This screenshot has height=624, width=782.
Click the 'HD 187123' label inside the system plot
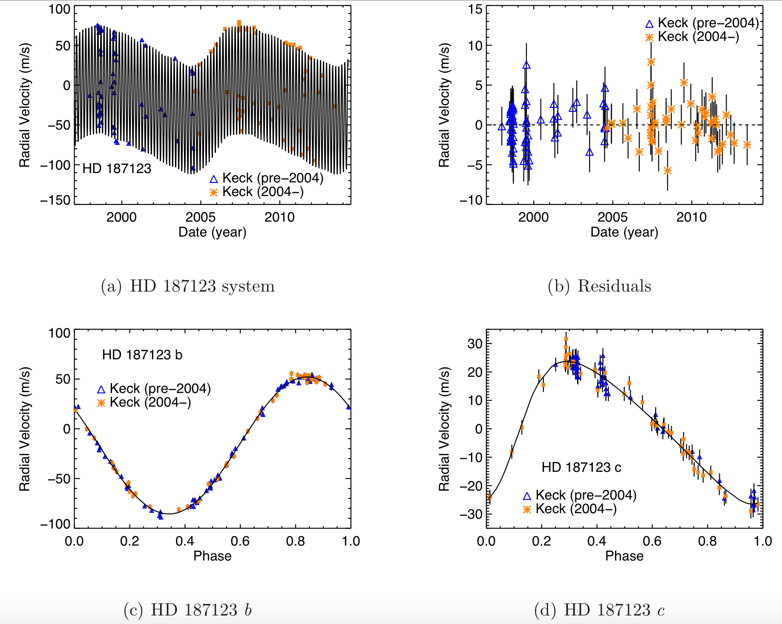point(117,169)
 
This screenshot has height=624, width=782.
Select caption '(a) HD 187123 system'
point(188,286)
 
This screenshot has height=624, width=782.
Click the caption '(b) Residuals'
point(599,286)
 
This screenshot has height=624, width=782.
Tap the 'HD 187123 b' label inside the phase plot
point(142,355)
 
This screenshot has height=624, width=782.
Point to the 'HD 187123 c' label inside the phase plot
point(581,468)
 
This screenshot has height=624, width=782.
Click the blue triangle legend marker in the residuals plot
point(649,24)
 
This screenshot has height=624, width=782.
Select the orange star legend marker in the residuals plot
point(649,38)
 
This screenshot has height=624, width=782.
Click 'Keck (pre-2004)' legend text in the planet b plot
point(160,388)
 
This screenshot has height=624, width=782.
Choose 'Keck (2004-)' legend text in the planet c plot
point(576,508)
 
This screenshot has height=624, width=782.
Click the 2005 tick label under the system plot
point(200,217)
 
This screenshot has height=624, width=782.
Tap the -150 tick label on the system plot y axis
point(55,200)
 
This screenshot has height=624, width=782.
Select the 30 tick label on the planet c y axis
point(475,344)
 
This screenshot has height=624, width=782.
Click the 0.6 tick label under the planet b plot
point(240,541)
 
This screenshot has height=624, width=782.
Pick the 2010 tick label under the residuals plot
point(691,217)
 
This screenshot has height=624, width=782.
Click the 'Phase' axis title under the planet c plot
point(624,556)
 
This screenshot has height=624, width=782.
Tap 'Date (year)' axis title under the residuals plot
point(624,232)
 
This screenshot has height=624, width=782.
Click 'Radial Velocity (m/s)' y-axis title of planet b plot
point(24,429)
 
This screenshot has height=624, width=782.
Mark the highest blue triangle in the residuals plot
point(526,65)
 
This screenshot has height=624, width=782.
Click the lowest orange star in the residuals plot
point(667,171)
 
